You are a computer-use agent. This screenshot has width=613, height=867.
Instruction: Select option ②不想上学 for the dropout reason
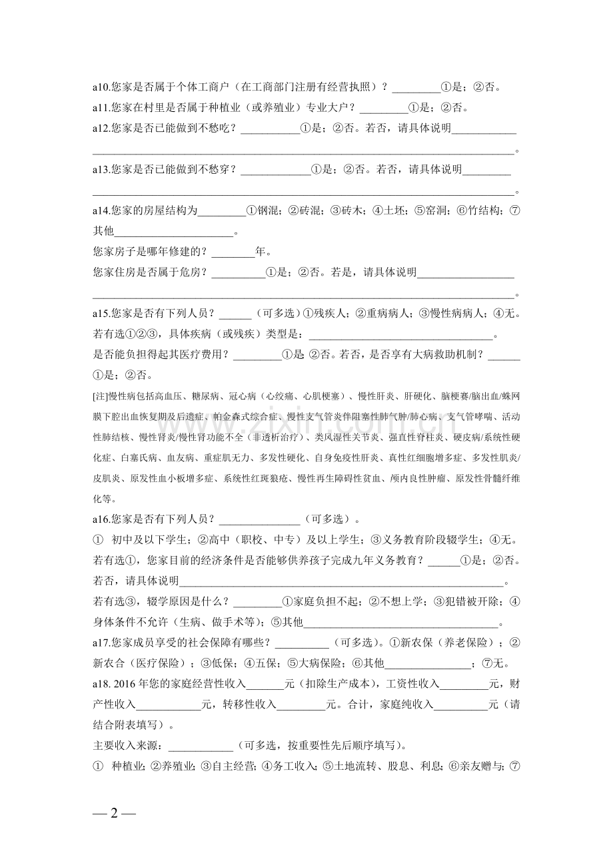point(396,602)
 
